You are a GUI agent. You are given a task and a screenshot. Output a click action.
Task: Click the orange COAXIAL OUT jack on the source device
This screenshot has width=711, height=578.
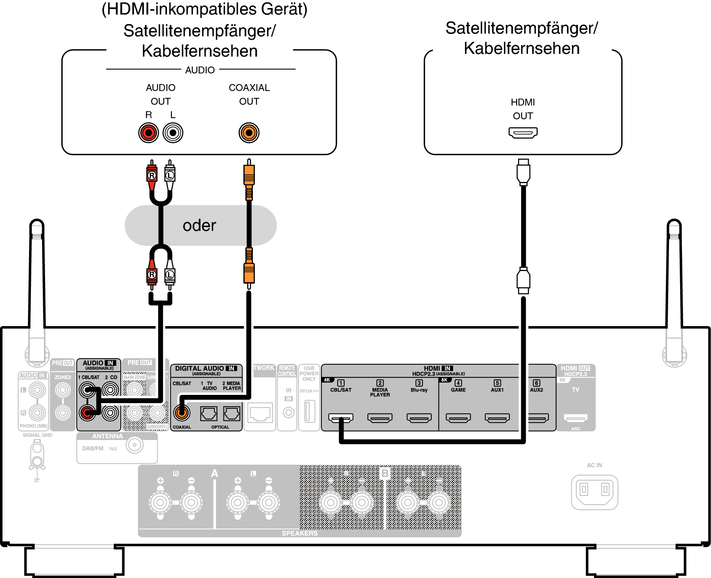pos(249,133)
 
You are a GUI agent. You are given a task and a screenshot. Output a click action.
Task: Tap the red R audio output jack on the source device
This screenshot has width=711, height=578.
pos(148,133)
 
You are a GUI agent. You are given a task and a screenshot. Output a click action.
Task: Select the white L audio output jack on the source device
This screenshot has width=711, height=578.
pos(173,133)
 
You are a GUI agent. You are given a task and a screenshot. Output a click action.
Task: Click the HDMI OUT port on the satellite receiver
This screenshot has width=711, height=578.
pos(523,133)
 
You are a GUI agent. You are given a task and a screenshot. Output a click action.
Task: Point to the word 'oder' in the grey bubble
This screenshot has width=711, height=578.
pos(199,226)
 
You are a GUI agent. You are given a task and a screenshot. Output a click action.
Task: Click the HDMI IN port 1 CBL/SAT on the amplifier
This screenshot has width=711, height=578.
pos(340,418)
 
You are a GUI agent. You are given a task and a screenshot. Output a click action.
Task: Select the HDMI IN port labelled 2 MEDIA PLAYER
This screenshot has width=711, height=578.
pos(380,418)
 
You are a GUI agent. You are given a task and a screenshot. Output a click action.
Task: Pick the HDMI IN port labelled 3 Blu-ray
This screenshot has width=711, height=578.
pos(419,418)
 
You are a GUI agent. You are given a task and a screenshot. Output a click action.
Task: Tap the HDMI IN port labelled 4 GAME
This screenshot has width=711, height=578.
pos(458,418)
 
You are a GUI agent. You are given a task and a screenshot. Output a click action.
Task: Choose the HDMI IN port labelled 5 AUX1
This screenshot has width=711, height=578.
pos(497,418)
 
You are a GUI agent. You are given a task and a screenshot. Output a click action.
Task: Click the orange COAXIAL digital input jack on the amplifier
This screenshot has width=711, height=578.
pos(182,412)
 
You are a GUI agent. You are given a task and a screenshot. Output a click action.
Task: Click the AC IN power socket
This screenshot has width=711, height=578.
pos(594,492)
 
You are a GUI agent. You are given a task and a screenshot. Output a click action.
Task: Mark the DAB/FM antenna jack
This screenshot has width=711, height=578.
pos(134,445)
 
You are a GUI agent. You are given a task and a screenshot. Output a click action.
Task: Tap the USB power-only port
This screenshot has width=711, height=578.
pos(309,411)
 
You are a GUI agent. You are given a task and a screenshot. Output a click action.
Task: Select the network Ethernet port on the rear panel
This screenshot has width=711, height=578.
pos(260,413)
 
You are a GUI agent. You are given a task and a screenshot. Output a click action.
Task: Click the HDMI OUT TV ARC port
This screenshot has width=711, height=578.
pos(575,418)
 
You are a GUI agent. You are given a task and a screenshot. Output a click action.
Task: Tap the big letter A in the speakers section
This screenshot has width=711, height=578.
pos(215,474)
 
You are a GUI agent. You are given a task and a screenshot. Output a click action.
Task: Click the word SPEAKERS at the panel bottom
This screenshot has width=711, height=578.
pos(300,533)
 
